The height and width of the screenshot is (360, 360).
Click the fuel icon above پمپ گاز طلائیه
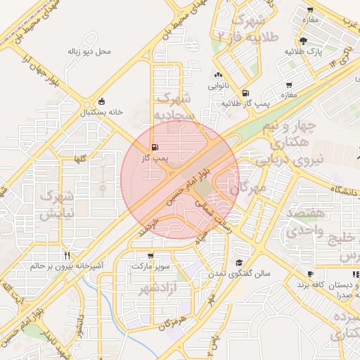pyautogui.click(x=245, y=93)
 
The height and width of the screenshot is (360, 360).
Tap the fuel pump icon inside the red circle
pyautogui.click(x=154, y=147)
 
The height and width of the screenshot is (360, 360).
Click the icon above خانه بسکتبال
pyautogui.click(x=103, y=101)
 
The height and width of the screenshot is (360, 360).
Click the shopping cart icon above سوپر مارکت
pyautogui.click(x=150, y=256)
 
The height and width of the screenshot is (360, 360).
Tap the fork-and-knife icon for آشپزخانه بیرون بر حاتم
pyautogui.click(x=67, y=255)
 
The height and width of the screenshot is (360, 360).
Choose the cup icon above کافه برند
pyautogui.click(x=310, y=274)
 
